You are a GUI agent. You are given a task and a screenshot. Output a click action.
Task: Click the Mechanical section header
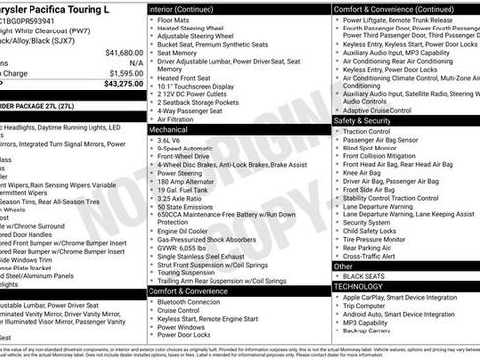(x=169, y=129)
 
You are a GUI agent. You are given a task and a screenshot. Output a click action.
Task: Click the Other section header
(x=343, y=266)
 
